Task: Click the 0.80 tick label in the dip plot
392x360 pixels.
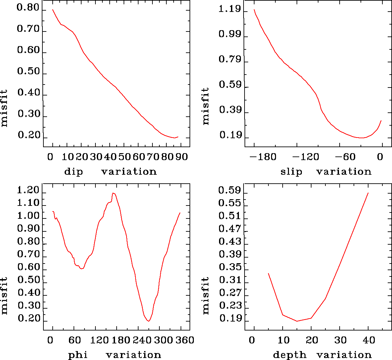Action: point(28,8)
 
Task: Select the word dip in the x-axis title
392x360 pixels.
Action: point(73,172)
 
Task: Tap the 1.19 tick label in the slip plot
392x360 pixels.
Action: point(230,9)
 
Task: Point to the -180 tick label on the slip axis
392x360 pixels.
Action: point(263,157)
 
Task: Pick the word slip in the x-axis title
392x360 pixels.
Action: point(291,172)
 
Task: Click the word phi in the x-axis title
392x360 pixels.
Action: point(78,355)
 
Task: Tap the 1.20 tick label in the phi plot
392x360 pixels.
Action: point(28,191)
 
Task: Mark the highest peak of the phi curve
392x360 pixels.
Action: point(113,193)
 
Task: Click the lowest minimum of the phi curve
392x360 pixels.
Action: point(149,321)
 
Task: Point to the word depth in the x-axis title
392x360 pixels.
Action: point(290,355)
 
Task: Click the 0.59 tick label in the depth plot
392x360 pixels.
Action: point(230,191)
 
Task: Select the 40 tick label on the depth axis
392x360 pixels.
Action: point(368,340)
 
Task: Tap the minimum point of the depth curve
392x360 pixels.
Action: point(297,321)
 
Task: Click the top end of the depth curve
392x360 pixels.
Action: point(368,193)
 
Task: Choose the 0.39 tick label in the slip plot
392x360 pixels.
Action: point(230,110)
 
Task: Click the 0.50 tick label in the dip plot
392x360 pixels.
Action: point(28,72)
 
